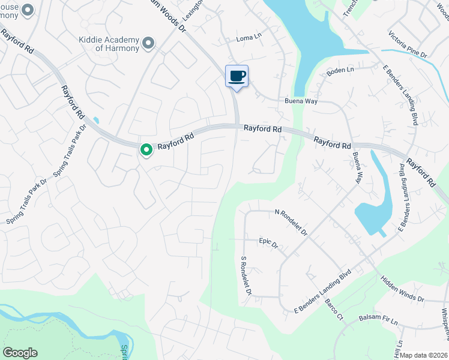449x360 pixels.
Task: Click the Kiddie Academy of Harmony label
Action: click(109, 44)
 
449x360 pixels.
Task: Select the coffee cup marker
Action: click(237, 76)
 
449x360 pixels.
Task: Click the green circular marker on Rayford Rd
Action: click(146, 150)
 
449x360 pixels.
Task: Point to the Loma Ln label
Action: click(249, 37)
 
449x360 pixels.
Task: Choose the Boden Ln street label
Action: click(340, 71)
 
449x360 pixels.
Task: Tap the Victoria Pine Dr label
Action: click(408, 45)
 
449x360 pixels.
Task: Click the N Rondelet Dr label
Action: click(291, 222)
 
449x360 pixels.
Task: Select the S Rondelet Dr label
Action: click(245, 277)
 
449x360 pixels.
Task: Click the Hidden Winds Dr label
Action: click(402, 289)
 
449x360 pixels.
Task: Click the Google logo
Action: click(20, 353)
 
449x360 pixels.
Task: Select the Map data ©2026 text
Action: click(424, 355)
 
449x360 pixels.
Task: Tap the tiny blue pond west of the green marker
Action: click(95, 121)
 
